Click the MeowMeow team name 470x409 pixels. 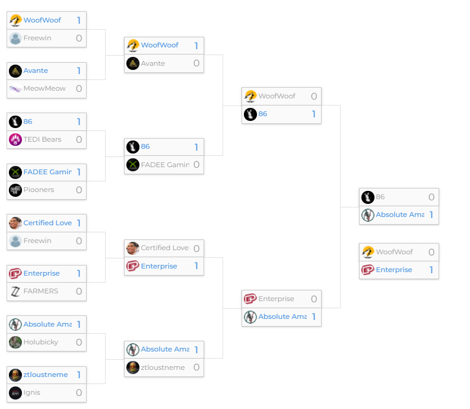(x=45, y=89)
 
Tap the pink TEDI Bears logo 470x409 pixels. (x=15, y=140)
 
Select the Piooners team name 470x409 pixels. (x=39, y=190)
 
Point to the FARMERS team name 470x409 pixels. (x=40, y=292)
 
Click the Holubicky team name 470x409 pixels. (x=41, y=342)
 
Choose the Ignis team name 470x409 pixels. (x=32, y=392)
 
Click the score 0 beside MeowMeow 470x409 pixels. (x=79, y=89)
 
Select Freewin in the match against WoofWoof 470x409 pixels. (x=37, y=39)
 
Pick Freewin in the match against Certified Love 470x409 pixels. (x=37, y=241)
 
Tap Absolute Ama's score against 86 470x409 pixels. (x=431, y=215)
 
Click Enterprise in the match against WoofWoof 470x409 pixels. (x=394, y=270)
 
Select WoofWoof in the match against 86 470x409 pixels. (x=277, y=96)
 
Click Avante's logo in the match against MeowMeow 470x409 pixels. (x=15, y=71)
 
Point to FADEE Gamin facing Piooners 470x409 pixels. (x=47, y=172)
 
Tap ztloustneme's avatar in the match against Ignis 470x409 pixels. (x=15, y=375)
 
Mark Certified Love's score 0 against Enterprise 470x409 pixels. (x=196, y=248)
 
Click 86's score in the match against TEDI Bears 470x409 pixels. (x=79, y=122)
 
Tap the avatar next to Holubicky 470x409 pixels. (x=15, y=342)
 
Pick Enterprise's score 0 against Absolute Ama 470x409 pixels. (x=314, y=299)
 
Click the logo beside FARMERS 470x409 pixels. (x=15, y=292)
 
